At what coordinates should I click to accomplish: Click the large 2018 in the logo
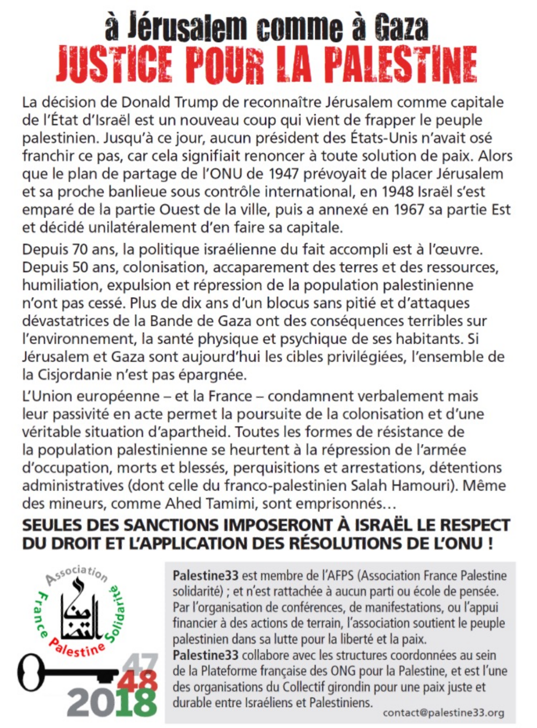click(112, 702)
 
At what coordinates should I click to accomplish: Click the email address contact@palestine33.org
click(443, 713)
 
